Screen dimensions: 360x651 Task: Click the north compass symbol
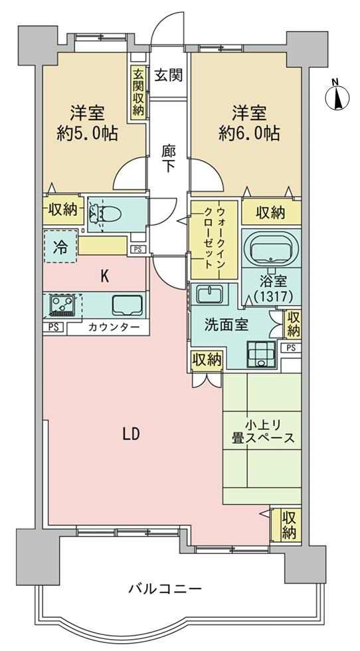tap(337, 97)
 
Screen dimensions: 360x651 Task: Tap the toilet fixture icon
tap(103, 214)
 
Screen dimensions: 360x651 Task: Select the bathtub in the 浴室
tap(272, 248)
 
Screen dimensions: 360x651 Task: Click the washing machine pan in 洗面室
tap(261, 354)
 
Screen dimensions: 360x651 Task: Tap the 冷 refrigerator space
tap(60, 246)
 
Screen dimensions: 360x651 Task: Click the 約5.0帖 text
tap(87, 134)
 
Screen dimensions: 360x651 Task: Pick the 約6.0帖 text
tap(248, 134)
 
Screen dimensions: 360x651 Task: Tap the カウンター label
tap(114, 327)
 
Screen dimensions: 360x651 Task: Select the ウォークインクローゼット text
tap(215, 238)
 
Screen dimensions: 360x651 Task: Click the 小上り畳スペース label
tap(263, 432)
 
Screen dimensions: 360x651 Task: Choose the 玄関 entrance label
tap(169, 75)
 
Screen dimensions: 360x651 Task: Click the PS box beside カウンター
tap(54, 327)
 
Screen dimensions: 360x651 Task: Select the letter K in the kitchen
tap(105, 277)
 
